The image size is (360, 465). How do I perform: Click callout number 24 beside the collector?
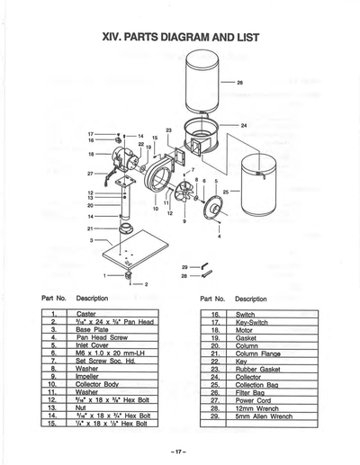(244, 125)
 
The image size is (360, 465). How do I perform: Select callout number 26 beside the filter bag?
(239, 82)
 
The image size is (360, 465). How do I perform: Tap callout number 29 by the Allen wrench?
(184, 267)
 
